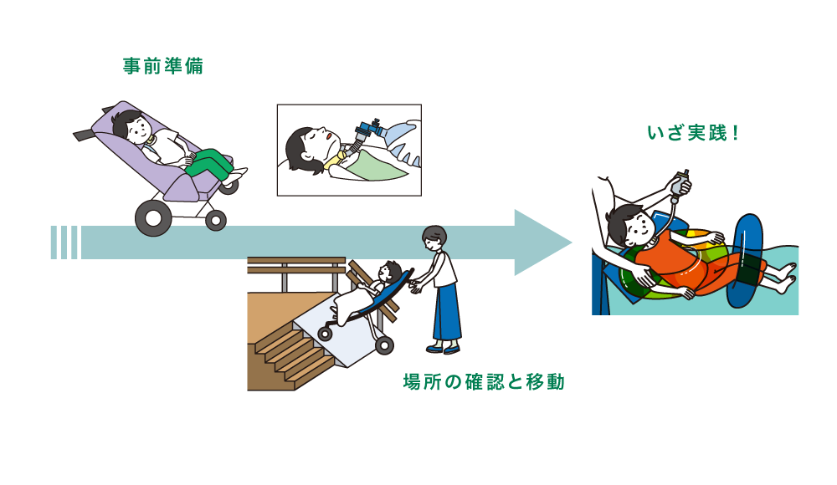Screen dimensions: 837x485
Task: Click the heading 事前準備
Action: click(163, 66)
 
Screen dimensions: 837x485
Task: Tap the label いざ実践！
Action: click(693, 133)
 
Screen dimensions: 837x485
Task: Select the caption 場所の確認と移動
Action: click(484, 382)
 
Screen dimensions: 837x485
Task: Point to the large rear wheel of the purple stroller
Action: click(153, 218)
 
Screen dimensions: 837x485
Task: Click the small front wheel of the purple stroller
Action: click(216, 221)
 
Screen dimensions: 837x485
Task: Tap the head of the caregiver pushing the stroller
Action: click(434, 238)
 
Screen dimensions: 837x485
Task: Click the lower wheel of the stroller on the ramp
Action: click(384, 345)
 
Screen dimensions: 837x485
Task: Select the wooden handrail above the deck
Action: click(295, 265)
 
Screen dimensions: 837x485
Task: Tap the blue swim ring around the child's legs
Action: click(747, 262)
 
